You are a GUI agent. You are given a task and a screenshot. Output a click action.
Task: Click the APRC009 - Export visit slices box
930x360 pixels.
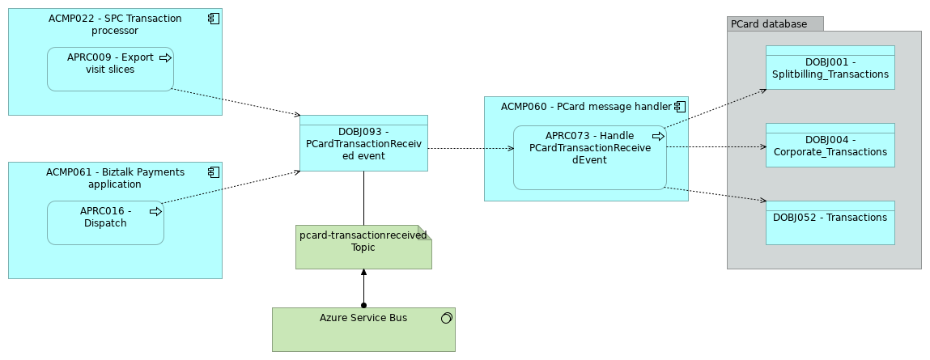tap(110, 70)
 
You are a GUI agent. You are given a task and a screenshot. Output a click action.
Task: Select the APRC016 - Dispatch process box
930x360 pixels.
tap(105, 223)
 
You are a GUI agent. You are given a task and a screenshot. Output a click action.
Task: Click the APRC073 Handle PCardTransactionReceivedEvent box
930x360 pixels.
tap(589, 158)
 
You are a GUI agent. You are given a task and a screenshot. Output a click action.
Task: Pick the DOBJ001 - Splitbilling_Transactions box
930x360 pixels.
tap(830, 68)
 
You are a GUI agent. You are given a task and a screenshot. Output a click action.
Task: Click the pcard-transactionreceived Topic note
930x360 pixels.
tap(363, 247)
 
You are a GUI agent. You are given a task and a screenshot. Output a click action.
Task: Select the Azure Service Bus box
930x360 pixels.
tap(363, 329)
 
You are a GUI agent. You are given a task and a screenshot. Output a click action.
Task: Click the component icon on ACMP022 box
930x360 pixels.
tap(213, 19)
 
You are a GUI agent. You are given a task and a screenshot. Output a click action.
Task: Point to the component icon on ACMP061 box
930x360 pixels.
tap(213, 172)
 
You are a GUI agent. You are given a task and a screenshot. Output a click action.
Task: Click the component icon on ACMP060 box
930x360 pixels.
tap(680, 107)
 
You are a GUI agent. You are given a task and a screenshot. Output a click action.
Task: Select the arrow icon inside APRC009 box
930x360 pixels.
tap(165, 57)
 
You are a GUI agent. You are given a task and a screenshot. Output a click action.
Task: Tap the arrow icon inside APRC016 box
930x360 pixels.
tap(155, 211)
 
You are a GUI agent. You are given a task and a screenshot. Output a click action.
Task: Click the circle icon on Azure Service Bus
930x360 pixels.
tap(446, 319)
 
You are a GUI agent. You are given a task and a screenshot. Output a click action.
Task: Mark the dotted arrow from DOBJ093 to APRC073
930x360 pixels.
tap(469, 149)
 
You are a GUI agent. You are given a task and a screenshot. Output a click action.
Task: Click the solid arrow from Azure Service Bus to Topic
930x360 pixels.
tap(363, 287)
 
